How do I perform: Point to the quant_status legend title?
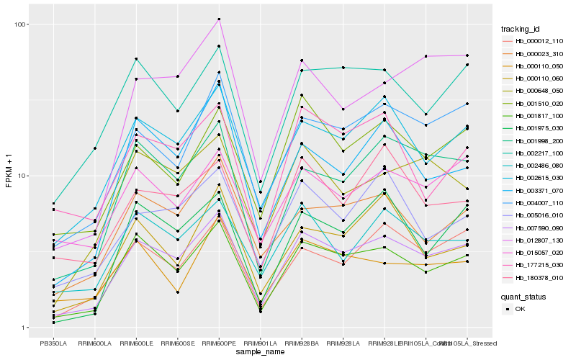(x=525, y=296)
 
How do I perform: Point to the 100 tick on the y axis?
(x=21, y=24)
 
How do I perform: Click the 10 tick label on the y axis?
(x=23, y=176)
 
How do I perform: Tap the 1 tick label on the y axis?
(x=25, y=328)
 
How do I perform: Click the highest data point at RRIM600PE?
(x=219, y=19)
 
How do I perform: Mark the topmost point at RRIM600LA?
(x=94, y=148)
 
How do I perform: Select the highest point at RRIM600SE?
(x=177, y=76)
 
